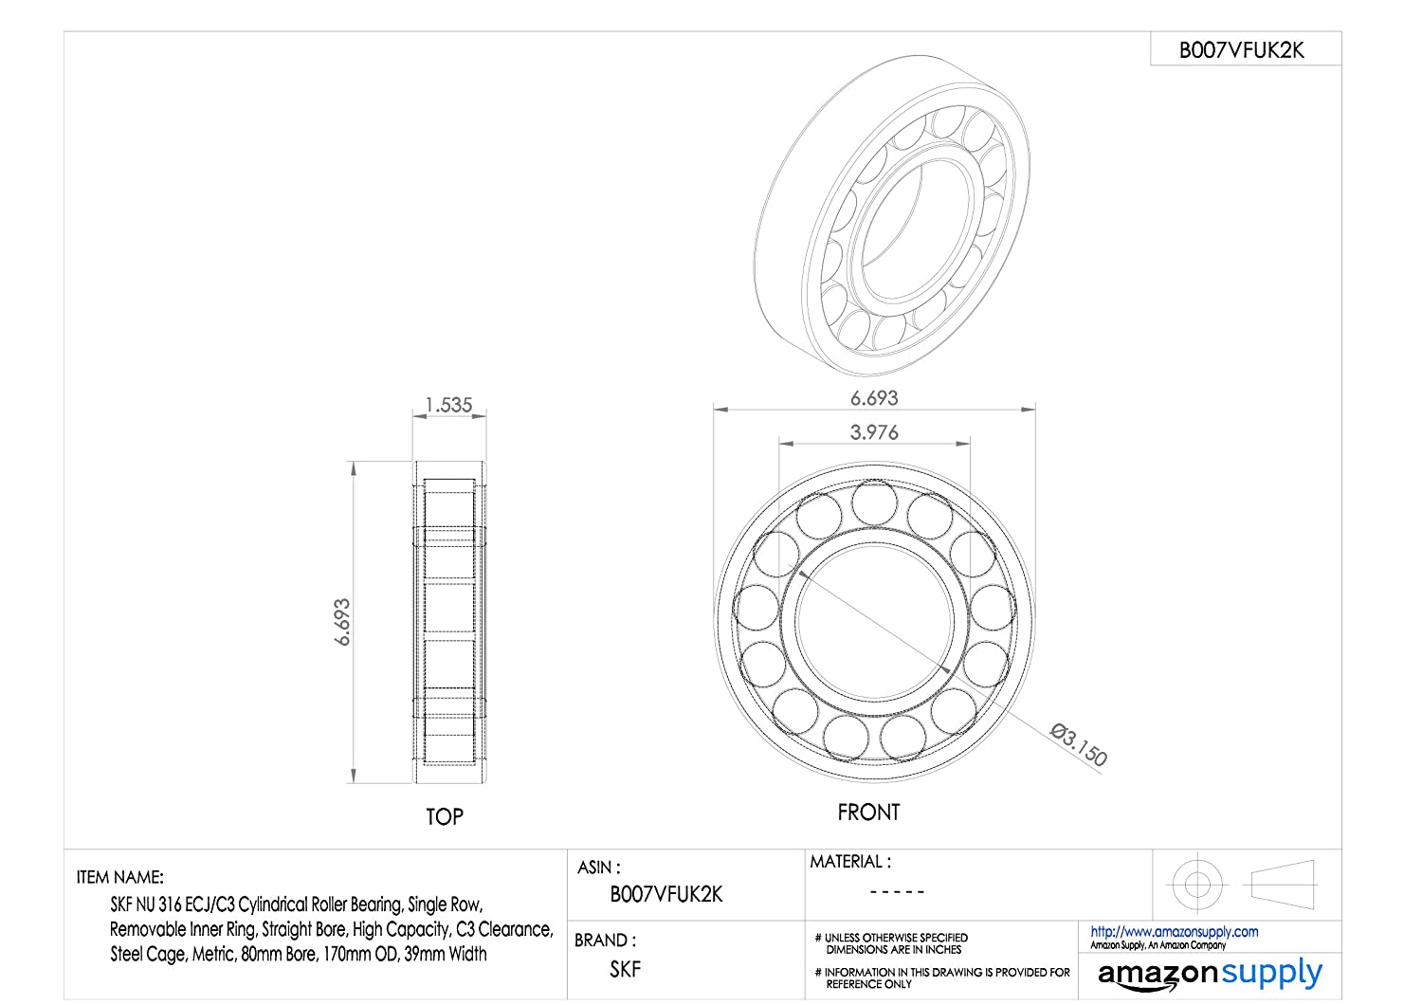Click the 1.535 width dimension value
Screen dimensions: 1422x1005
(448, 405)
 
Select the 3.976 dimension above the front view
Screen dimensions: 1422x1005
(874, 432)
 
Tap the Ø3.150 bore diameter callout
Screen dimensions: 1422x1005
(1079, 744)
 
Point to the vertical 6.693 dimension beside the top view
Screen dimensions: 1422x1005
(342, 622)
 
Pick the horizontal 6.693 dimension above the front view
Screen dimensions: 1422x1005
(874, 398)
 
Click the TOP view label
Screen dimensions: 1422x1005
(445, 816)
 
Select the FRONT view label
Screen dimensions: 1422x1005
(868, 812)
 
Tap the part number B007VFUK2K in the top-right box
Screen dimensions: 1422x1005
(1242, 50)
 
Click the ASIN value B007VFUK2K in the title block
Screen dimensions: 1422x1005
(665, 894)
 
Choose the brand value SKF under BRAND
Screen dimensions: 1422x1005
(626, 969)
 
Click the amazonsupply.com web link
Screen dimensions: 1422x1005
(1175, 931)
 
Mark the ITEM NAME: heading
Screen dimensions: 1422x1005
(120, 877)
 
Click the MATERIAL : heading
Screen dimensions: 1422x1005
(850, 862)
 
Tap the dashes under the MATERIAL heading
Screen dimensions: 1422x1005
(897, 891)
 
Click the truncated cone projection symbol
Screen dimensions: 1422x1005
(1283, 885)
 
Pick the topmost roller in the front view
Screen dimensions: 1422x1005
(874, 502)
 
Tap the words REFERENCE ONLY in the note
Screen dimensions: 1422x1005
(868, 984)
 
